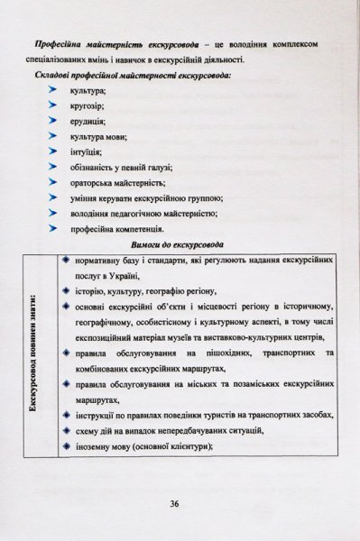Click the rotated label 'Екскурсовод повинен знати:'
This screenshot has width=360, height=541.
33,356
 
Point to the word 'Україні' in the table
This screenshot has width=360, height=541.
123,275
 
